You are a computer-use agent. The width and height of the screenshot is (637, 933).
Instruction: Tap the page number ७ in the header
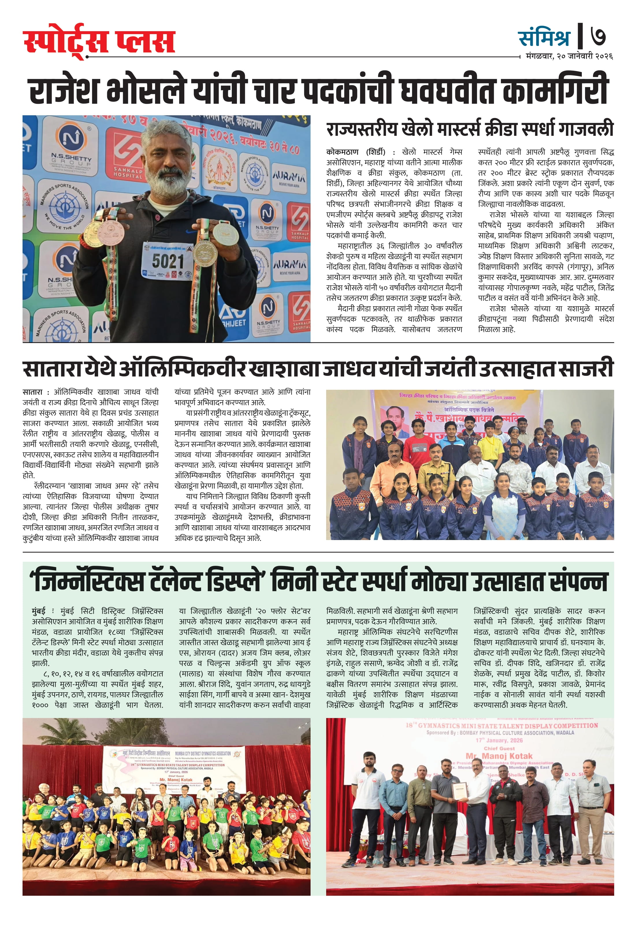(x=598, y=36)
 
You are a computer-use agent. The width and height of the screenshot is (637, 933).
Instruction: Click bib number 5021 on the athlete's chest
(x=168, y=261)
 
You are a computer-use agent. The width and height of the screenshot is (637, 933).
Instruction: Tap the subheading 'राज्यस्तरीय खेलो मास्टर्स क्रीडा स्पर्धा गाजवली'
(x=470, y=129)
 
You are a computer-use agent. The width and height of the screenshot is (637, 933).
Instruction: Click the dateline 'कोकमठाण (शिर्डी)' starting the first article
(x=356, y=152)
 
